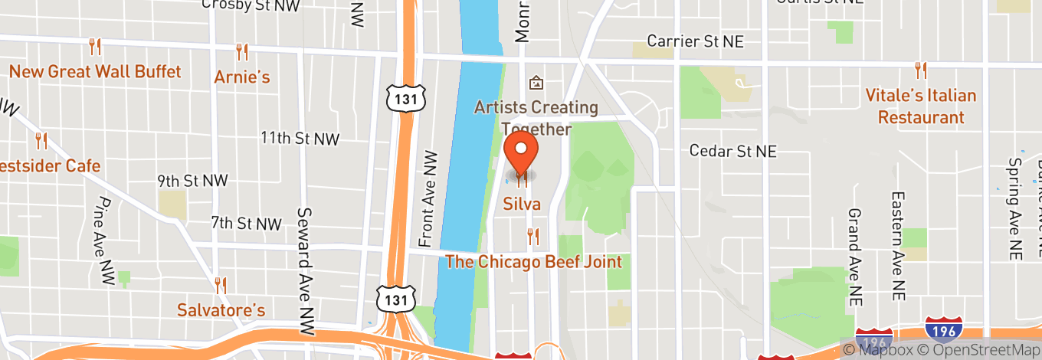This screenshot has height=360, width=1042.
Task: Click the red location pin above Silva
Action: pos(522,151)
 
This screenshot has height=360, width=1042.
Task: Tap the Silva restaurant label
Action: pos(522,204)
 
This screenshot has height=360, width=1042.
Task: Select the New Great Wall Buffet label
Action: pos(95,72)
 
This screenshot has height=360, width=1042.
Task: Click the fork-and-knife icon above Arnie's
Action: pos(242,51)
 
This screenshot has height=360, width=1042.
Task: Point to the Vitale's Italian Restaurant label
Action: pos(920,106)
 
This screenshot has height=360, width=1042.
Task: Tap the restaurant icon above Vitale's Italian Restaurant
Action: pos(920,70)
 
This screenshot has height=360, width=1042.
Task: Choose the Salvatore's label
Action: pos(221,310)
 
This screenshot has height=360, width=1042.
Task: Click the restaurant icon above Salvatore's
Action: pos(221,285)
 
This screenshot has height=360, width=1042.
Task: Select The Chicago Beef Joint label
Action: pos(533,262)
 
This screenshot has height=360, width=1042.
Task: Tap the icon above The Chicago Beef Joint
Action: pos(533,237)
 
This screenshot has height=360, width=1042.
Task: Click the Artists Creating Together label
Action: pos(536,118)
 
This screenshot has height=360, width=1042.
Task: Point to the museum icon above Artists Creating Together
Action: pos(536,82)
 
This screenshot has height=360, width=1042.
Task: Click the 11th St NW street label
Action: pos(300,139)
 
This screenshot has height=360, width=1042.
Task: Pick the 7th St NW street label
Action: pos(247,224)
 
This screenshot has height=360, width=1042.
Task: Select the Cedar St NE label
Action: pos(732,151)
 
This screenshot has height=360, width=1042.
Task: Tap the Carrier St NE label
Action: pos(695,41)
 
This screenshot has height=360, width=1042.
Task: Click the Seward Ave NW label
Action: pos(306,254)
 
